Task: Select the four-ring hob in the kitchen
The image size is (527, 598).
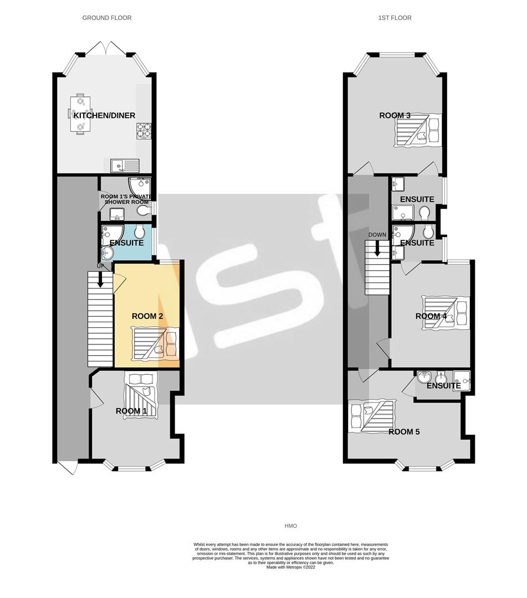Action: [144, 131]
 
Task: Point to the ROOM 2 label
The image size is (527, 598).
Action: [147, 316]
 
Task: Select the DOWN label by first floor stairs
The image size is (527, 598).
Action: [377, 235]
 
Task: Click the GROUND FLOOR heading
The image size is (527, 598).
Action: [107, 18]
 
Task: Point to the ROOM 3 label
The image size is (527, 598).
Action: [395, 116]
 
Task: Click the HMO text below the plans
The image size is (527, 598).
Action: [290, 526]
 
